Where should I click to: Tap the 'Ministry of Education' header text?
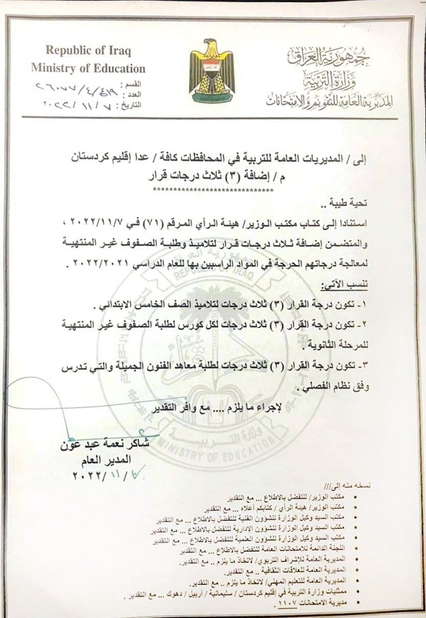[88, 68]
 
